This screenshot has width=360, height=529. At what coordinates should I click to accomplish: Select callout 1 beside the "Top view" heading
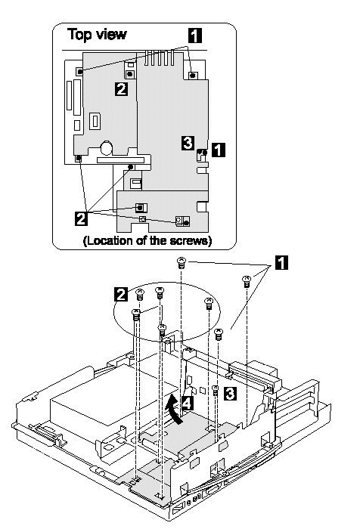(x=194, y=36)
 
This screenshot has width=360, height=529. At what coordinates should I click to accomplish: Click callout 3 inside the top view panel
(x=188, y=143)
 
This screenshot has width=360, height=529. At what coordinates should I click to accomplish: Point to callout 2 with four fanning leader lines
(x=82, y=218)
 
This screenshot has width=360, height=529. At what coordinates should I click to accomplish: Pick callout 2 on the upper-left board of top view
(x=122, y=88)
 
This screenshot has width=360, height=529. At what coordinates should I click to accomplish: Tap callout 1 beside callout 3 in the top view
(x=219, y=150)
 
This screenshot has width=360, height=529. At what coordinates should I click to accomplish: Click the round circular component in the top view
(x=106, y=147)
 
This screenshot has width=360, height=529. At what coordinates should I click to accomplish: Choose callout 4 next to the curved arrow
(x=188, y=403)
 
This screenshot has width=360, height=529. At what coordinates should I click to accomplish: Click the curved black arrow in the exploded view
(x=175, y=408)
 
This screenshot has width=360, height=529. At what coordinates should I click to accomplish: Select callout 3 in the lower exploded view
(x=230, y=394)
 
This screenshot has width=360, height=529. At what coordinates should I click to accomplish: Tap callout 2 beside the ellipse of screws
(x=122, y=294)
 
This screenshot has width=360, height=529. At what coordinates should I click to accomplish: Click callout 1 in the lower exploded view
(x=282, y=263)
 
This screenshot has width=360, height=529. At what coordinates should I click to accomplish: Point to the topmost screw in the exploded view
(x=182, y=262)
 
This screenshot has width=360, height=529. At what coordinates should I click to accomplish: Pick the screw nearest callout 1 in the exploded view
(x=247, y=281)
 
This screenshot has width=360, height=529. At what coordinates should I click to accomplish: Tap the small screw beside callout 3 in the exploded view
(x=216, y=391)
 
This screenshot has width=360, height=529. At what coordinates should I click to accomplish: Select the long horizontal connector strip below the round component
(x=120, y=160)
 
